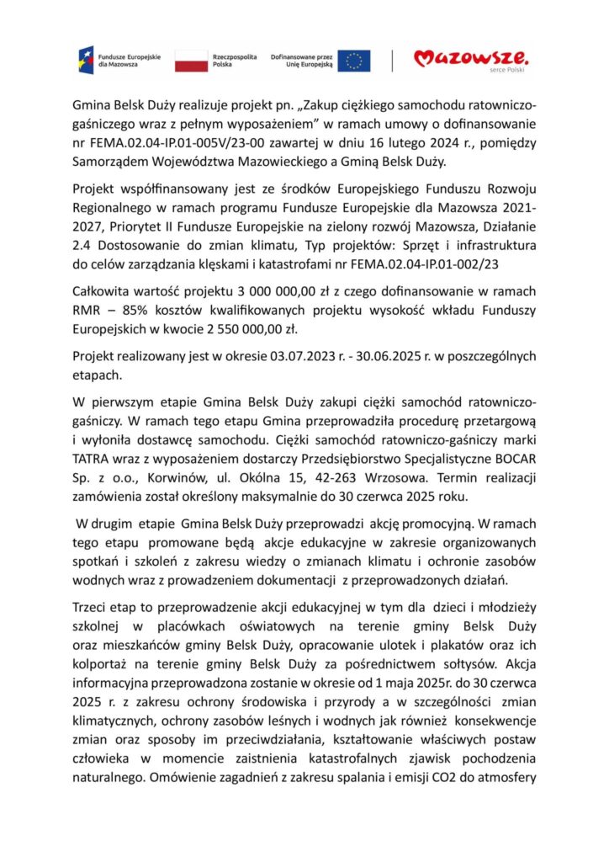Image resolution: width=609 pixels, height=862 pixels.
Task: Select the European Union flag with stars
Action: (354, 60)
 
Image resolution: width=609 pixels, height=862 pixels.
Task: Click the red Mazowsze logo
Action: (470, 58)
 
